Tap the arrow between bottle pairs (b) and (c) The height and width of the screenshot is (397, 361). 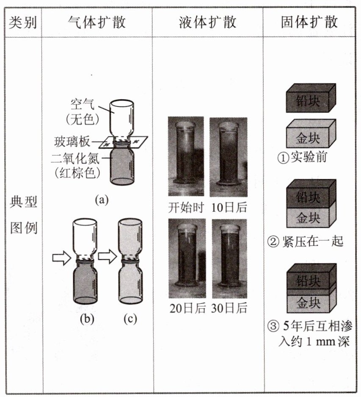(107, 257)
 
